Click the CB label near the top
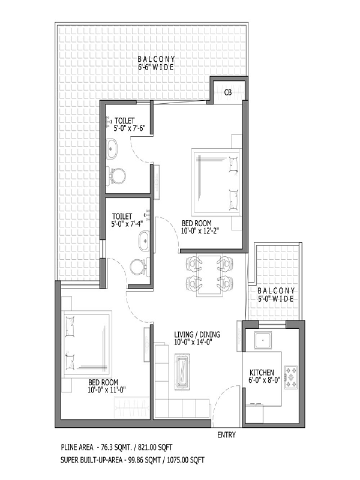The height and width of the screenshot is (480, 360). (x=228, y=92)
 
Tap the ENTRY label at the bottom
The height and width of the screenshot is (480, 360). (x=227, y=434)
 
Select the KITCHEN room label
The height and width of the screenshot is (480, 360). (x=262, y=373)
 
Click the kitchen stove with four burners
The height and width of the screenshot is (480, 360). (x=292, y=377)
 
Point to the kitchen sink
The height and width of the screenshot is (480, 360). (x=262, y=341)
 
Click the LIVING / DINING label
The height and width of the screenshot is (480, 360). (x=197, y=335)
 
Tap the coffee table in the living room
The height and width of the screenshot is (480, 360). (x=182, y=372)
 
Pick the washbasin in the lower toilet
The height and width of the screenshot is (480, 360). (x=143, y=241)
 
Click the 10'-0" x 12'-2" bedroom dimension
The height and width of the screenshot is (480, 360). (x=200, y=231)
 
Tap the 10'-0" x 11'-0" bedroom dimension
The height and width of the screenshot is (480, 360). (x=107, y=389)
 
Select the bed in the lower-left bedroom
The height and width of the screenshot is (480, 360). (x=87, y=344)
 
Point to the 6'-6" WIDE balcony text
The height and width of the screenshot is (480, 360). (x=156, y=67)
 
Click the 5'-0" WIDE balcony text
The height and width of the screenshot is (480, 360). (x=276, y=298)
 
